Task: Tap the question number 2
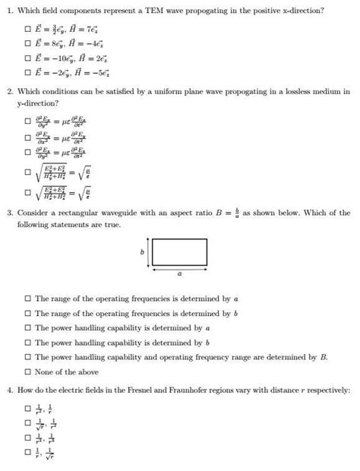(x=9, y=92)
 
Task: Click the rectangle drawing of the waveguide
(x=179, y=252)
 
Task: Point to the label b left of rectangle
(x=143, y=251)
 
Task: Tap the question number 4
(x=9, y=390)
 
